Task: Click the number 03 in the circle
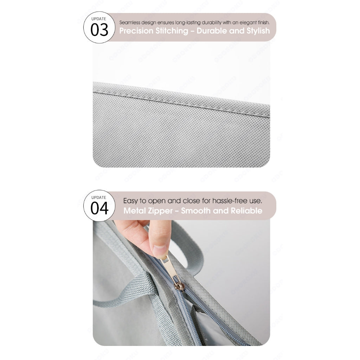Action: (99, 30)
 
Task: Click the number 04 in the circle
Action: (99, 208)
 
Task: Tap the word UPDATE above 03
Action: (99, 19)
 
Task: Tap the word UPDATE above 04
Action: (99, 198)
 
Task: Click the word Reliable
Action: (246, 211)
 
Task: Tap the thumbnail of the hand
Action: (160, 250)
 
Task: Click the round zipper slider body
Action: (179, 286)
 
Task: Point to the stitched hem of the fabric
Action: (181, 99)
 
